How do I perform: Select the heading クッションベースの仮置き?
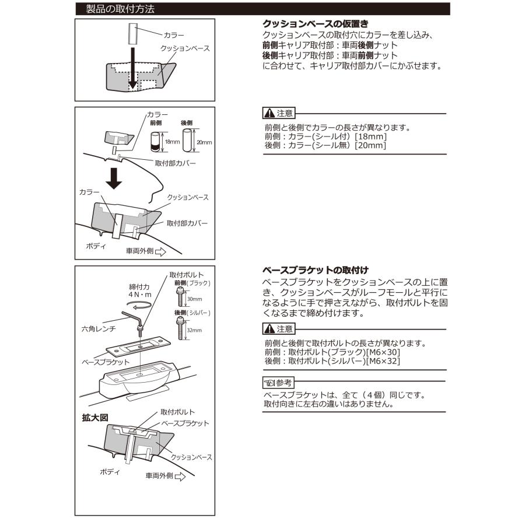tap(315, 24)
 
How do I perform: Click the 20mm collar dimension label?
tap(204, 142)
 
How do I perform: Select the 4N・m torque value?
tap(140, 295)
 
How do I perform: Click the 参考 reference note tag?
tap(278, 383)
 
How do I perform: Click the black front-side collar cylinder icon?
tap(155, 142)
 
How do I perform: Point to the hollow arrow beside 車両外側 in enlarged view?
tap(180, 477)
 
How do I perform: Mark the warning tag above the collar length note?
tap(278, 113)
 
